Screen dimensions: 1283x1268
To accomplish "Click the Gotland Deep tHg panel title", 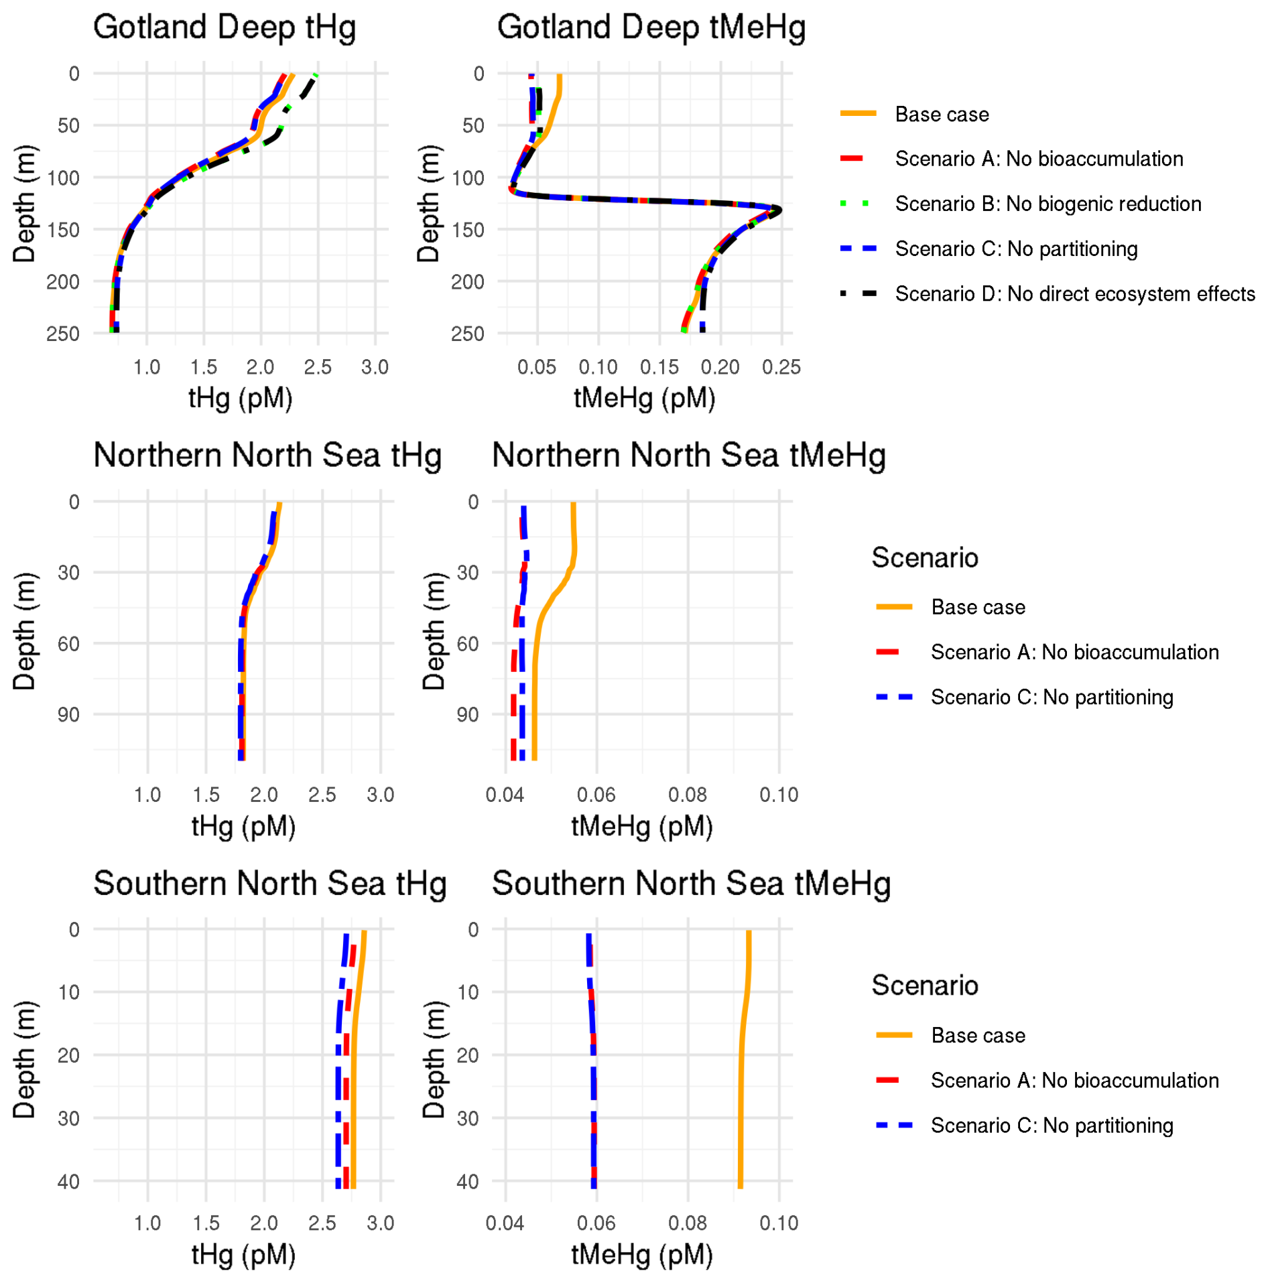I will (224, 28).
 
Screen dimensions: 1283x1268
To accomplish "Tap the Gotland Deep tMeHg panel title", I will (651, 28).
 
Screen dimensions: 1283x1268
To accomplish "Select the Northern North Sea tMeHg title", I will (688, 456).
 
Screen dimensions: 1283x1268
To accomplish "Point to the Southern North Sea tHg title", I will (269, 884).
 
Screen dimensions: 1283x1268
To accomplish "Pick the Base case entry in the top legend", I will (941, 115).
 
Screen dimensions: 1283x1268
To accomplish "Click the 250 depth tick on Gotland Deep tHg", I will (62, 334).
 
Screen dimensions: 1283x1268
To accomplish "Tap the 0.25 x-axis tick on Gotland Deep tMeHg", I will (781, 367).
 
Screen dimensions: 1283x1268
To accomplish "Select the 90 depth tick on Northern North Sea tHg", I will (68, 715).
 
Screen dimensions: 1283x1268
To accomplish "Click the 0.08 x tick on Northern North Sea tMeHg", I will (687, 795).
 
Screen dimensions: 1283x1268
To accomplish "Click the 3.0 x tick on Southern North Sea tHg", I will (380, 1223).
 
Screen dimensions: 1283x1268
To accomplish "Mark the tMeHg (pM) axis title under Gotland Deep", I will (644, 399).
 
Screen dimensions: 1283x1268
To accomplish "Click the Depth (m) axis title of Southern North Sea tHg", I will (24, 1059).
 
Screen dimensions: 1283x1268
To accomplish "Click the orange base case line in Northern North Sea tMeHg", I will (534, 670).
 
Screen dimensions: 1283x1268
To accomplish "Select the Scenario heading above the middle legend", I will (924, 558).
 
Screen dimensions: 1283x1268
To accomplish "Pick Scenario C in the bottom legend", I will (1051, 1126).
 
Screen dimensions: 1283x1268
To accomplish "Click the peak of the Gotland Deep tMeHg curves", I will (779, 210).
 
